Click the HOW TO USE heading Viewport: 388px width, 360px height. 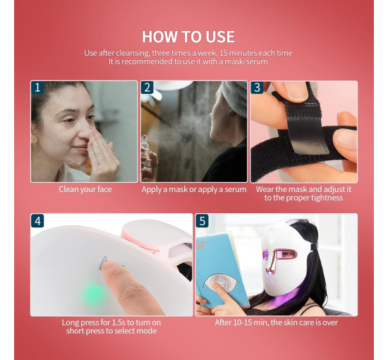coord(188,37)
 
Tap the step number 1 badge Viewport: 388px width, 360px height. coord(37,88)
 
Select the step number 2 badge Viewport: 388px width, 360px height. coord(147,88)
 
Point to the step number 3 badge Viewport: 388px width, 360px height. coord(257,88)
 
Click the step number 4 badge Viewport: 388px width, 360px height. coord(37,221)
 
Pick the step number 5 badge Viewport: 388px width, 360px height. coord(202,221)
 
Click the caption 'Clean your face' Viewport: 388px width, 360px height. coord(85,189)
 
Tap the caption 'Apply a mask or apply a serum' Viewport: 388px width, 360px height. coord(194,189)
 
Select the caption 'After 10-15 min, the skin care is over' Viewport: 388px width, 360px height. coord(276,323)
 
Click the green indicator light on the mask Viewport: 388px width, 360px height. coord(94,294)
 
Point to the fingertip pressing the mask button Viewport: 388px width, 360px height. coord(109,267)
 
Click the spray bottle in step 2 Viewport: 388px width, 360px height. coord(147,158)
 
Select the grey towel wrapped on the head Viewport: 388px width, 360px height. coord(235,98)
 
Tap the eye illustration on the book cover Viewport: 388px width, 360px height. coord(221,281)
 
